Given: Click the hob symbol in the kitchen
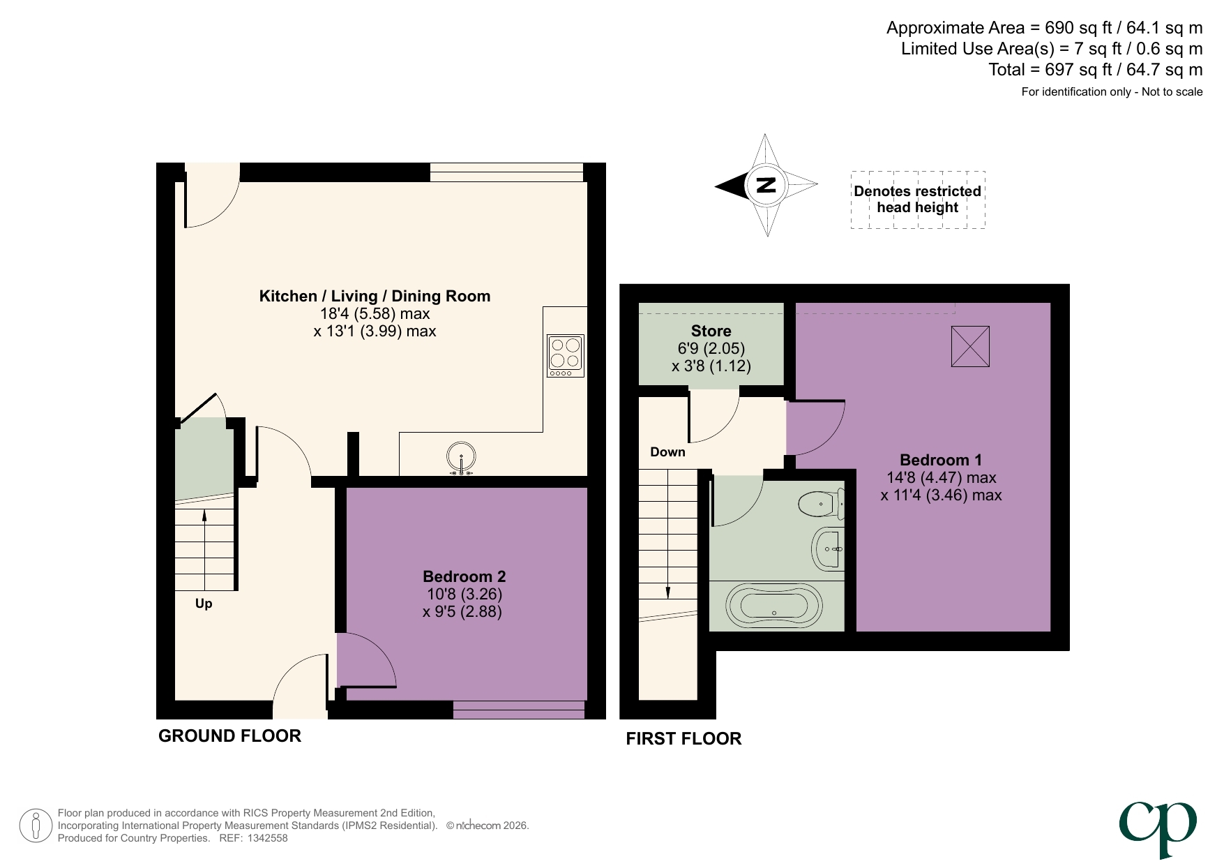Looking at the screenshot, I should point(566,356).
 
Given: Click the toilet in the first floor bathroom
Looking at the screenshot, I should point(822,504).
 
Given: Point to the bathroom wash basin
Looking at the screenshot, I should point(828,548).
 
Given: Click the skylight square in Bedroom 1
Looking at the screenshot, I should point(970,346).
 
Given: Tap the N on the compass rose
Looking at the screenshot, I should point(766,185).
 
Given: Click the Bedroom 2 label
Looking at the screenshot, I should point(464,576).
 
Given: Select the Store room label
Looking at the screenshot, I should point(711,331).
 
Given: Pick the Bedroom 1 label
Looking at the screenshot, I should point(940,460).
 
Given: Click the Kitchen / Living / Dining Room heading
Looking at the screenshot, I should point(375,296).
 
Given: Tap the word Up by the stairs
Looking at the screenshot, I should point(204,604).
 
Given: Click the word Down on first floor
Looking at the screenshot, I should point(667,452).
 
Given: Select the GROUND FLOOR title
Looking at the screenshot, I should point(229,736).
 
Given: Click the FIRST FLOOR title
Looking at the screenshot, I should point(683,738).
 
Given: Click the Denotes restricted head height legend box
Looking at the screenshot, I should point(917,200).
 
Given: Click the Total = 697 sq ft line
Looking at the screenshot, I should point(1095,70).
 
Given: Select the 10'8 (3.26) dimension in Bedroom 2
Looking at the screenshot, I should point(464,595).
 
